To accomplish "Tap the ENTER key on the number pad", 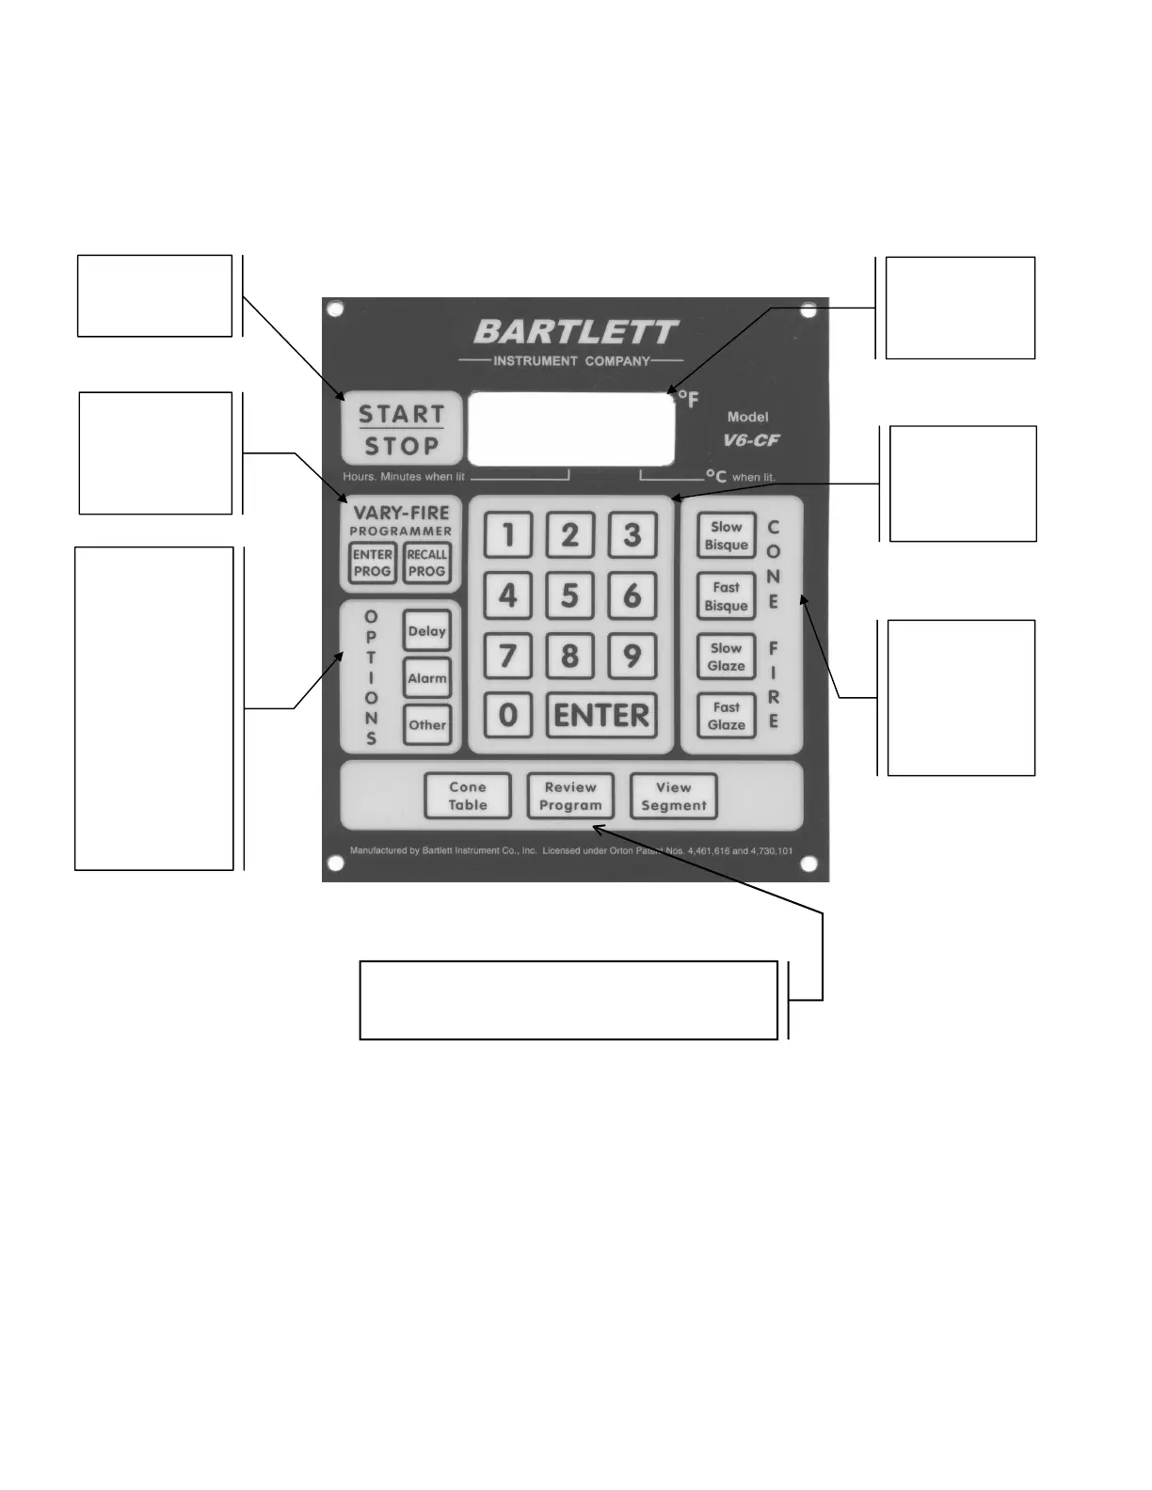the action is coord(601,715).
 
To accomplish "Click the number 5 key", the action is coord(569,595).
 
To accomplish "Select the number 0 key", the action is coord(508,715).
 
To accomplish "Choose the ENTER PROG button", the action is coord(373,563).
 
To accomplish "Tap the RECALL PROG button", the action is coord(427,563).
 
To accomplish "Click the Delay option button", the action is coord(427,631).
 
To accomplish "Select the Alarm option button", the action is coord(427,678).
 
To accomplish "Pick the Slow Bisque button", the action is coord(727,536).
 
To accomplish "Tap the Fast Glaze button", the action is coord(727,716).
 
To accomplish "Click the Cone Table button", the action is coord(468,796).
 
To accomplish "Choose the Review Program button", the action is coord(570,796).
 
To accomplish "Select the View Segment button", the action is coord(674,796).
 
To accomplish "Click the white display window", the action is coord(571,429).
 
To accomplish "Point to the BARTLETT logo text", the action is coord(575,332).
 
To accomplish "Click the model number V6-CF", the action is coord(751,440).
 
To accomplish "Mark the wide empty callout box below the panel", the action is coord(568,1000).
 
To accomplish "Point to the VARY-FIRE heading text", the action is coord(402,513).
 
